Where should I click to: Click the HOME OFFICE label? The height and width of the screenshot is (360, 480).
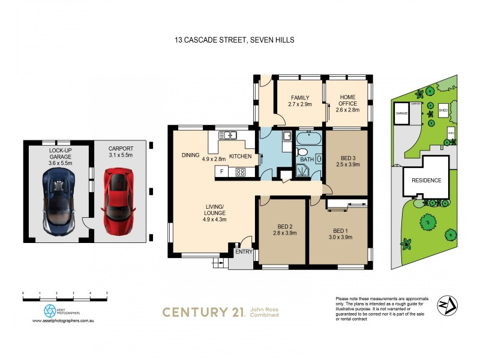[x=347, y=100]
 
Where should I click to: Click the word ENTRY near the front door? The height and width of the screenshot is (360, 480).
[x=244, y=252]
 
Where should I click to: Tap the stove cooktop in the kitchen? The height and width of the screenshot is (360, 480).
[x=241, y=172]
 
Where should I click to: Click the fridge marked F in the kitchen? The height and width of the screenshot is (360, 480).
[x=222, y=172]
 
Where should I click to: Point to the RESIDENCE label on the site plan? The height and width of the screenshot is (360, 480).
[x=426, y=180]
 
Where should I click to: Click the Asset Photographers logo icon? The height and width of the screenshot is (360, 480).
[x=50, y=311]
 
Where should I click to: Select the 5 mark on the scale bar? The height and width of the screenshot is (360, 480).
[x=107, y=293]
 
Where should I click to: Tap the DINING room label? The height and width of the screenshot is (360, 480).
[x=190, y=155]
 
